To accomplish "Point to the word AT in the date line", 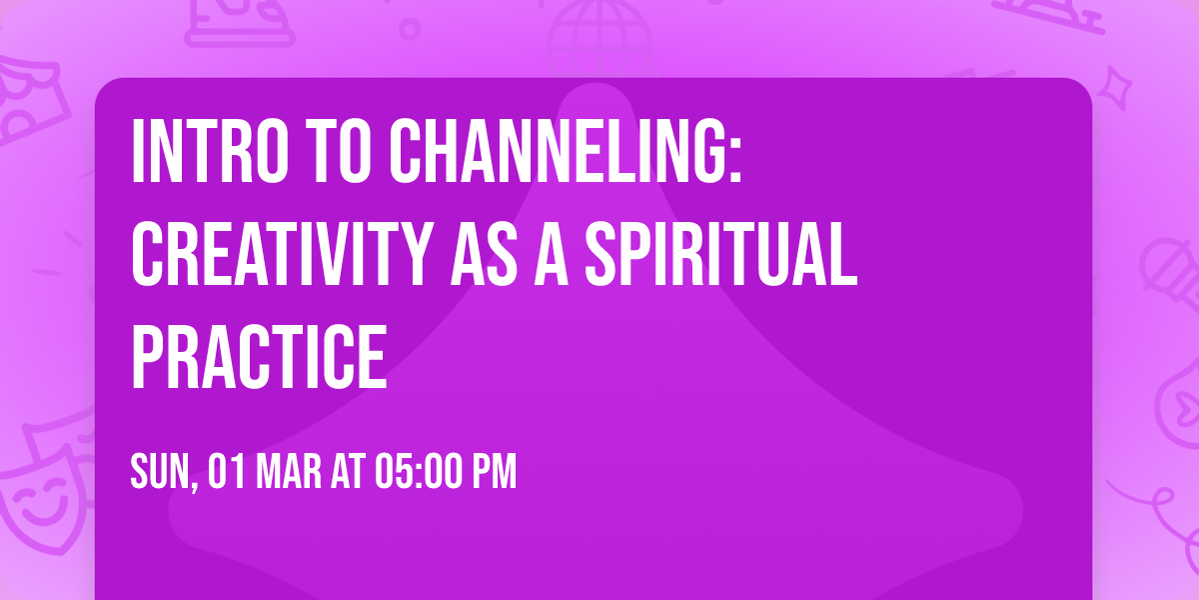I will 349,472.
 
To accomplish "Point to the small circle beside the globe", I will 410,28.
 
